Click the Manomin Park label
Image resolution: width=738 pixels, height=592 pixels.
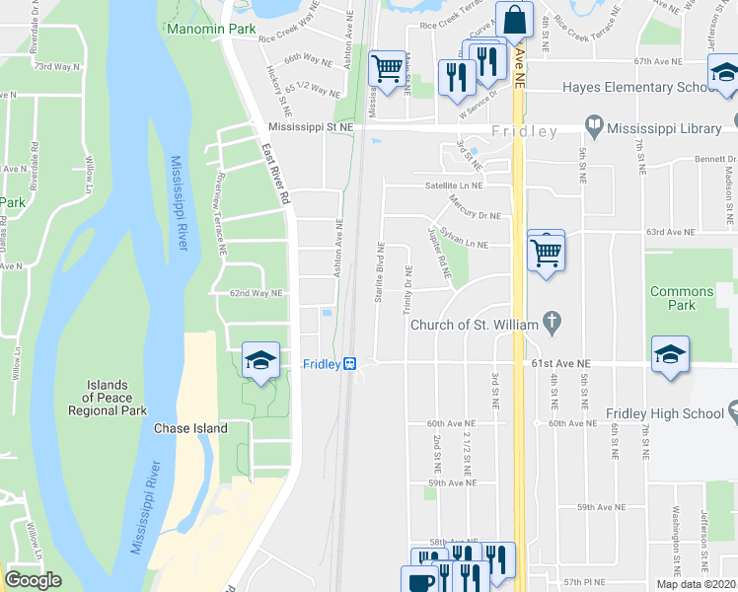(x=211, y=29)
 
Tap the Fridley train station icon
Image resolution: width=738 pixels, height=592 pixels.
(x=349, y=364)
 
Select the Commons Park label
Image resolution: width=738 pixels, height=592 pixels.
(x=681, y=298)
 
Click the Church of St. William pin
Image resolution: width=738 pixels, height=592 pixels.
(x=553, y=322)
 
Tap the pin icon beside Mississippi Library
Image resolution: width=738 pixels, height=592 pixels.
(x=594, y=126)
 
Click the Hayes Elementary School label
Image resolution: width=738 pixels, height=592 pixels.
(x=637, y=87)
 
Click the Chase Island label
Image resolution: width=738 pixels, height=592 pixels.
(x=190, y=428)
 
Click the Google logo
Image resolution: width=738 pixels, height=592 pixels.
(x=34, y=579)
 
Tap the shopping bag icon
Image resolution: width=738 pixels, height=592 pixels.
(x=514, y=20)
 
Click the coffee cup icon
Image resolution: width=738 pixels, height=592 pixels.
(x=418, y=581)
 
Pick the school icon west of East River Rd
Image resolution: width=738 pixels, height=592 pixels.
(x=260, y=360)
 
